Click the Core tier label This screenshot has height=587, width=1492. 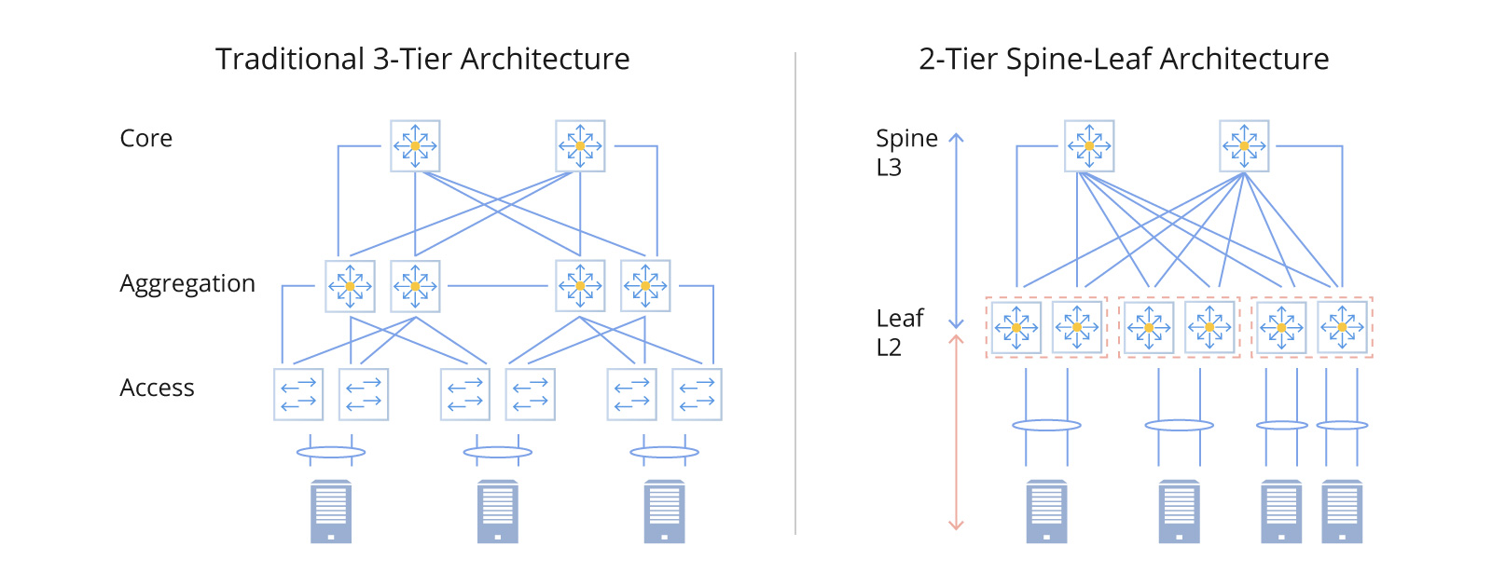146,139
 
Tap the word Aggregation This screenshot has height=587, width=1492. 186,284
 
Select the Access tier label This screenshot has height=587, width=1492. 157,389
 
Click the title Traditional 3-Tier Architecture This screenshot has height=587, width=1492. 422,60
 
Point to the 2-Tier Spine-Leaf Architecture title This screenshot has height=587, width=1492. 1124,60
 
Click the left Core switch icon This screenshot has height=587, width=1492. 415,146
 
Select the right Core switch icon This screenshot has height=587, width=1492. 580,146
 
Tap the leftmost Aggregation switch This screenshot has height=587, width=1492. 350,286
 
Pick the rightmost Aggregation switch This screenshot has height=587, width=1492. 645,286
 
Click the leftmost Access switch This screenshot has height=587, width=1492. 298,394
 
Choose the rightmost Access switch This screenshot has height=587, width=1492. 697,394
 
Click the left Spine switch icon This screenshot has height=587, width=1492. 1089,146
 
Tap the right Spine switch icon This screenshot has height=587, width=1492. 1244,146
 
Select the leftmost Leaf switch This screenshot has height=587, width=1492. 1016,328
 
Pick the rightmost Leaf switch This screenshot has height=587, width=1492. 1342,328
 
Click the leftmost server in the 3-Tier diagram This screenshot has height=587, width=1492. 331,512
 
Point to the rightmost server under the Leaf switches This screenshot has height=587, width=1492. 1342,512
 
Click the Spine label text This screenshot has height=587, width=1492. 906,139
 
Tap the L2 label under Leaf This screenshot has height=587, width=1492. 889,348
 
